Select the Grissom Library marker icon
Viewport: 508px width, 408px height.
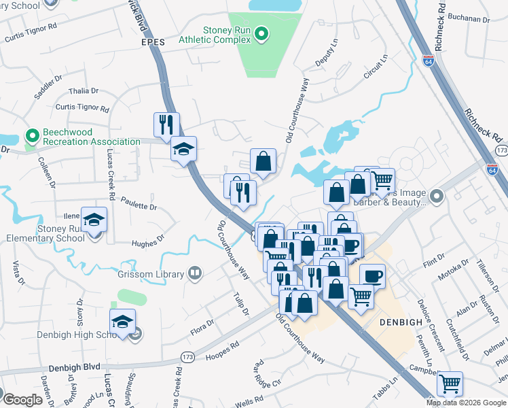pyautogui.click(x=195, y=273)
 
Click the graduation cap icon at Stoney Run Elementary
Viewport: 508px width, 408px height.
pyautogui.click(x=94, y=220)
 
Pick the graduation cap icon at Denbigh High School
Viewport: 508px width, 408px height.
pyautogui.click(x=122, y=322)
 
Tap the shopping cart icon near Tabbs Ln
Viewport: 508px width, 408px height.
pyautogui.click(x=450, y=384)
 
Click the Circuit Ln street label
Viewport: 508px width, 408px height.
pyautogui.click(x=375, y=67)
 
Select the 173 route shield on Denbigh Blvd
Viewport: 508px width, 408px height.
pyautogui.click(x=188, y=356)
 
